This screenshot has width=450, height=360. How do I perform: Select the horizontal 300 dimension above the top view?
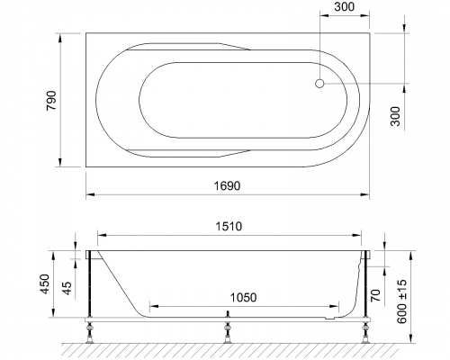click(x=342, y=8)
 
